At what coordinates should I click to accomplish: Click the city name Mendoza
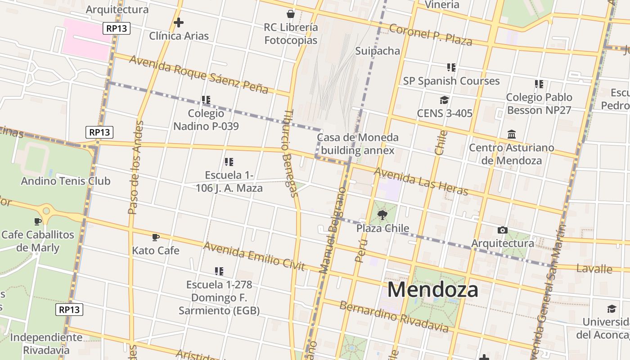tap(432, 289)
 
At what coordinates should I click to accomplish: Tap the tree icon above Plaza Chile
tap(382, 215)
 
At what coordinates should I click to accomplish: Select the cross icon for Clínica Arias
tap(179, 22)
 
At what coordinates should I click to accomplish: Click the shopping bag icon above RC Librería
tap(291, 14)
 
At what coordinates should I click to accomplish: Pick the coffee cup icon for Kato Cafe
tap(156, 237)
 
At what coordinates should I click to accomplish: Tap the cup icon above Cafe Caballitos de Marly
tap(38, 221)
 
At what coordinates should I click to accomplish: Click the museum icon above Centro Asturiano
tap(512, 134)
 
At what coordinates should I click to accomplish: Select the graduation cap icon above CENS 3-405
tap(445, 100)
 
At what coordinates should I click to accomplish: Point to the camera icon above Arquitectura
tap(503, 230)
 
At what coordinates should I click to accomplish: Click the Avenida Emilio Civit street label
tap(254, 256)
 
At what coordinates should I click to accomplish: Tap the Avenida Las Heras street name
tap(421, 181)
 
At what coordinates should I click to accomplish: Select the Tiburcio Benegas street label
tap(290, 153)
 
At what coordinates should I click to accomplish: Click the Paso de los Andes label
tap(135, 167)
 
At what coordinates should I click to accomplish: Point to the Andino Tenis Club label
tap(66, 181)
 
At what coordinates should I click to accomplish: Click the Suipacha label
tap(378, 50)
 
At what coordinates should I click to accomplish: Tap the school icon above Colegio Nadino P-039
tap(206, 100)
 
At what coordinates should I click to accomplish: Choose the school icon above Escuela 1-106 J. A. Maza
tap(229, 162)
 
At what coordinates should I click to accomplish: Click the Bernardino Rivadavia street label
tap(394, 317)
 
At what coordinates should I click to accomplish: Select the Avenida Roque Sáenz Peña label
tap(198, 74)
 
